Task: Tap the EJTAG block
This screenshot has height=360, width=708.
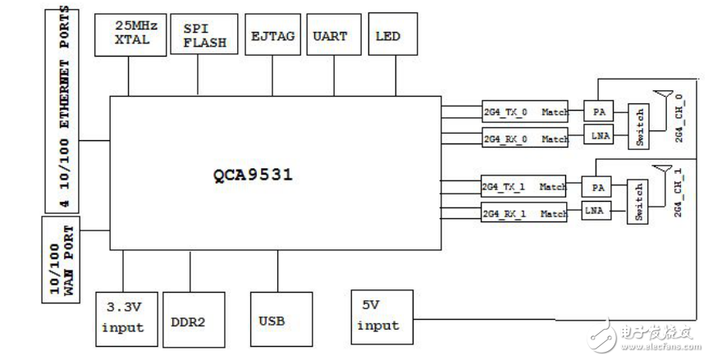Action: tap(273, 34)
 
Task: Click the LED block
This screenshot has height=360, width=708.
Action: tap(387, 34)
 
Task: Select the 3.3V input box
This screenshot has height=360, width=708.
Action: tap(125, 318)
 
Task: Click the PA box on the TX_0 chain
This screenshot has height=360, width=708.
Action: tap(596, 109)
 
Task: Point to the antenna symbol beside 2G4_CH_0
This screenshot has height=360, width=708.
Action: tap(658, 98)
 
